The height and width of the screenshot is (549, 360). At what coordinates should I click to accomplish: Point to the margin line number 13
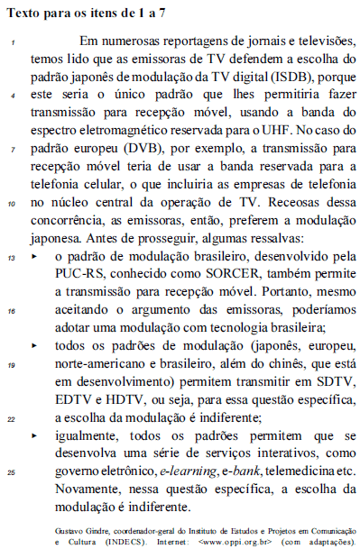coord(13,259)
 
